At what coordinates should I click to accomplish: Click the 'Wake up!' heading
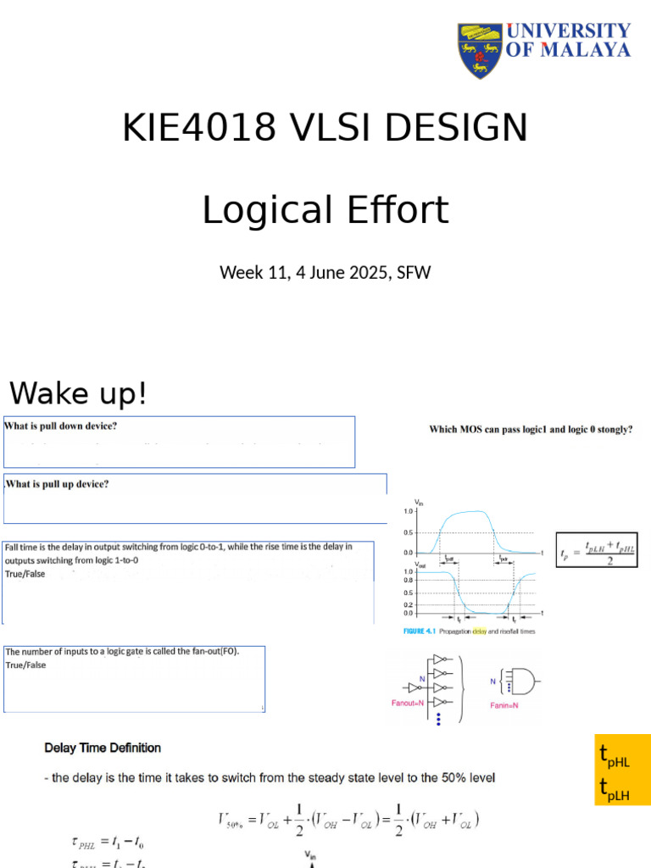click(78, 393)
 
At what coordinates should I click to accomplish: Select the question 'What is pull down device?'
click(61, 426)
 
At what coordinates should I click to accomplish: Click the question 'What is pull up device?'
click(58, 484)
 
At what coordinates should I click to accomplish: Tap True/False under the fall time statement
click(25, 574)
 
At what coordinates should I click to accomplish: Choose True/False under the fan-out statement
click(26, 665)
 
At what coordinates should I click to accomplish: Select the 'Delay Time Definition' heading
click(103, 748)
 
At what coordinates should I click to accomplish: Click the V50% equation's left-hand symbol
click(234, 820)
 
